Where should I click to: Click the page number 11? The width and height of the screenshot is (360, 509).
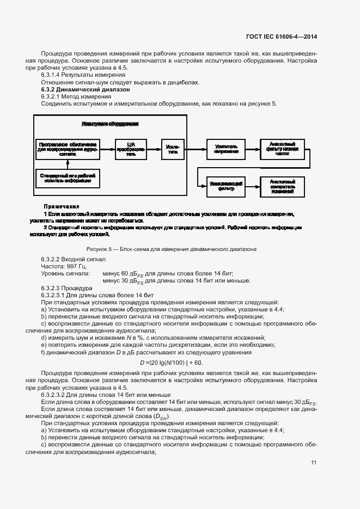(314, 463)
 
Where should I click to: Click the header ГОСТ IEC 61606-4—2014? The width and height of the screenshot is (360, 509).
(282, 37)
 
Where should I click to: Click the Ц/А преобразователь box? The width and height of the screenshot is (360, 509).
(133, 148)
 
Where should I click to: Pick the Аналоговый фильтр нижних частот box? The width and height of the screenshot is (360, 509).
(279, 148)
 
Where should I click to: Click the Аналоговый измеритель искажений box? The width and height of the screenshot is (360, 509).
(279, 186)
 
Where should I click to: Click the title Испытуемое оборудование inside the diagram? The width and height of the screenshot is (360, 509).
(110, 124)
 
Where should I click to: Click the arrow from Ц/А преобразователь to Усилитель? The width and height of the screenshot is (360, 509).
(156, 148)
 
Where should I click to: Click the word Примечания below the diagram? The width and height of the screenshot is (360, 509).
(62, 207)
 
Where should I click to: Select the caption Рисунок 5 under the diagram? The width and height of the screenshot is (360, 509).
(172, 249)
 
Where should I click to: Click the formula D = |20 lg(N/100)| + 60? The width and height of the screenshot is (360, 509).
(171, 362)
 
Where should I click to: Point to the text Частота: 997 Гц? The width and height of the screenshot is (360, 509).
(64, 267)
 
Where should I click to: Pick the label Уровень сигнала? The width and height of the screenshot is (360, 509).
(62, 274)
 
